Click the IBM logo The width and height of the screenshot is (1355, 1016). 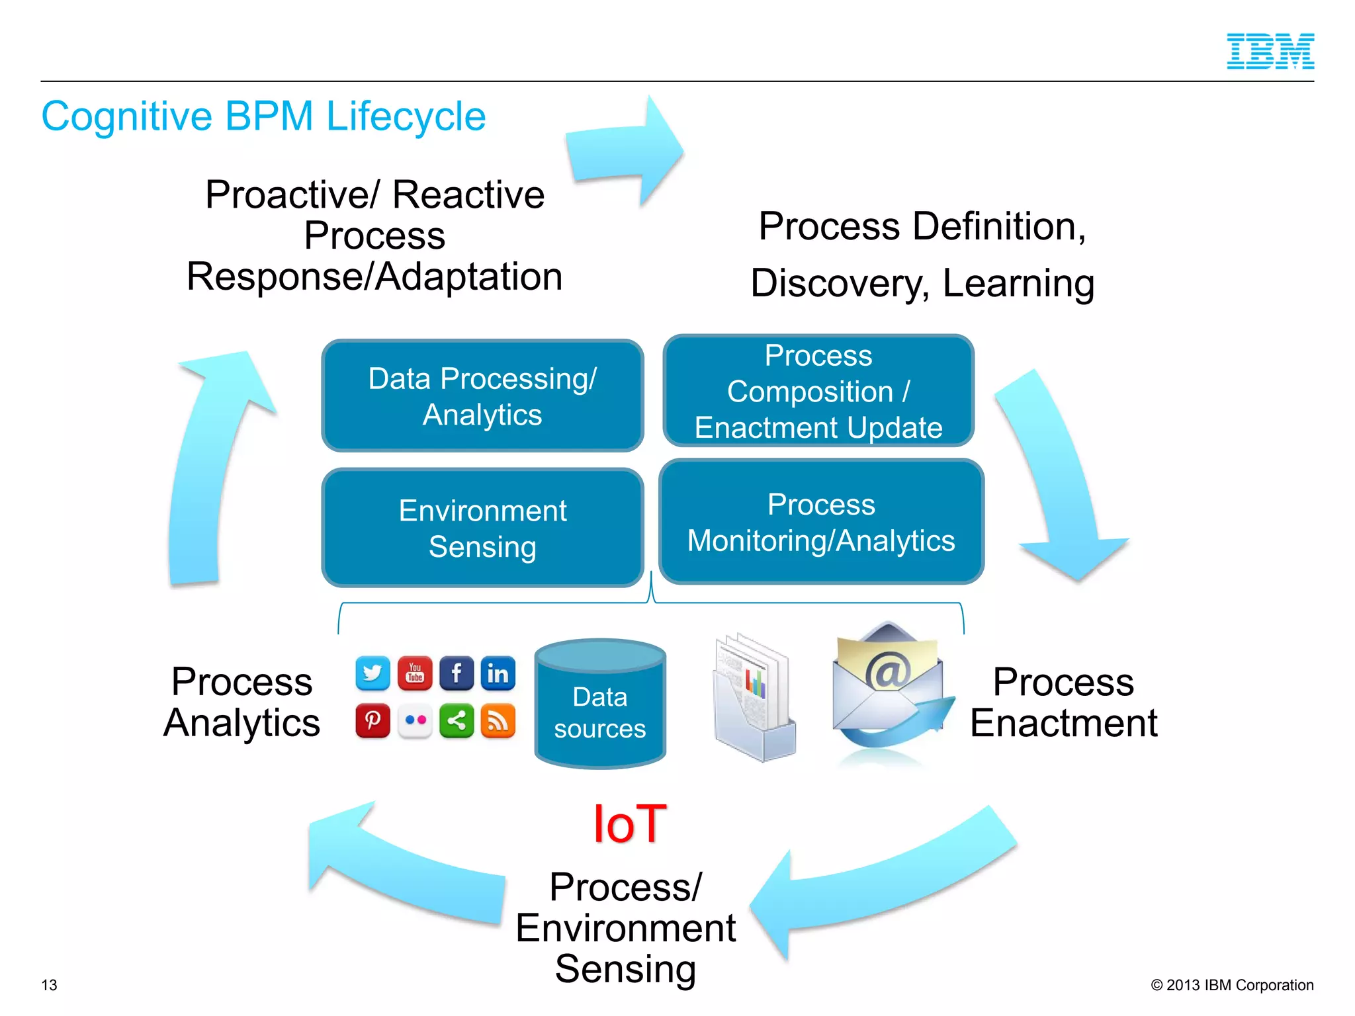tap(1270, 51)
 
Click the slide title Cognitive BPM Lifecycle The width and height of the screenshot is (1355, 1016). tap(263, 116)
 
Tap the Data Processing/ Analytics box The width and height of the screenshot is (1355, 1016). tap(482, 396)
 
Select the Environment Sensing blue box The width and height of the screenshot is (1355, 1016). tap(482, 528)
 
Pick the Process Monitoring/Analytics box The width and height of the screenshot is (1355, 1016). tap(821, 522)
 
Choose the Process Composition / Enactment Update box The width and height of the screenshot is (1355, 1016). tap(818, 391)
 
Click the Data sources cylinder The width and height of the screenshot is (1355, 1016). tap(600, 704)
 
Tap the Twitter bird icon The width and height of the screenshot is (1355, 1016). tap(372, 673)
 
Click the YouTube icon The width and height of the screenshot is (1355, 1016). tap(415, 673)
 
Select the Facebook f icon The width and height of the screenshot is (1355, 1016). tap(457, 673)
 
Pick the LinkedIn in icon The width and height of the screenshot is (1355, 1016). tap(498, 673)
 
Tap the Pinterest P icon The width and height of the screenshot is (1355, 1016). tap(372, 720)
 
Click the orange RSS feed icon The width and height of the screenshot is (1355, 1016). tap(498, 720)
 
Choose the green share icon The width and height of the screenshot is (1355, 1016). tap(457, 720)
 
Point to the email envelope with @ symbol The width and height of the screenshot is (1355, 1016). tap(889, 688)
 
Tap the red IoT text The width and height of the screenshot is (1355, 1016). tap(629, 824)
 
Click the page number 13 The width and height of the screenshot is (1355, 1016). tap(50, 985)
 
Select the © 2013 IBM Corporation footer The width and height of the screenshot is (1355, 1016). tap(1232, 985)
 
